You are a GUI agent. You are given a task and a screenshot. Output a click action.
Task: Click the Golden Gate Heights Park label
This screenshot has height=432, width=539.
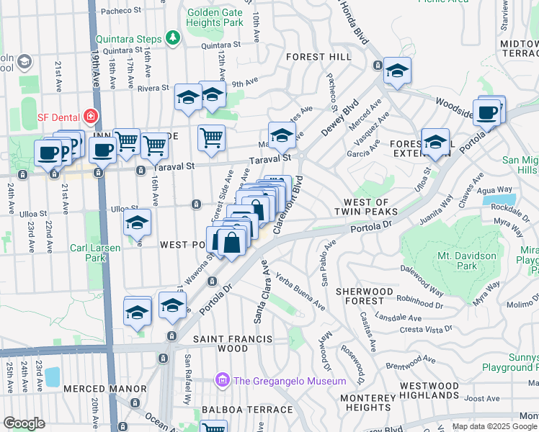point(215,18)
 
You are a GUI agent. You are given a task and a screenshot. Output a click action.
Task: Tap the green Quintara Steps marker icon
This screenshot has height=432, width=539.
point(172,37)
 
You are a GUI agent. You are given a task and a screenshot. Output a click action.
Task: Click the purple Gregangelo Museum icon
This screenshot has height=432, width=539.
point(222,380)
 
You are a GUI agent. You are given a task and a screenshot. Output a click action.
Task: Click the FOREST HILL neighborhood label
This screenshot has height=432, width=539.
point(318,56)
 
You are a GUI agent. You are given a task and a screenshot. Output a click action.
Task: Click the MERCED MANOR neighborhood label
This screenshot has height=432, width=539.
point(105,389)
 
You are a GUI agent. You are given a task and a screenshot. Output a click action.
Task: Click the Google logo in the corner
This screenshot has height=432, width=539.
point(24,423)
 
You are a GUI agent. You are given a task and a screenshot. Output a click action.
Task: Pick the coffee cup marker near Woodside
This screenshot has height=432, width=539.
point(488,112)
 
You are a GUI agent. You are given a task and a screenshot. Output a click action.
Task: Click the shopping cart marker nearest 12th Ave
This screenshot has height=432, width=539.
point(211,138)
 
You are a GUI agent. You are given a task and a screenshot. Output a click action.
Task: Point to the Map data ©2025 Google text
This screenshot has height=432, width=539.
point(494,426)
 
